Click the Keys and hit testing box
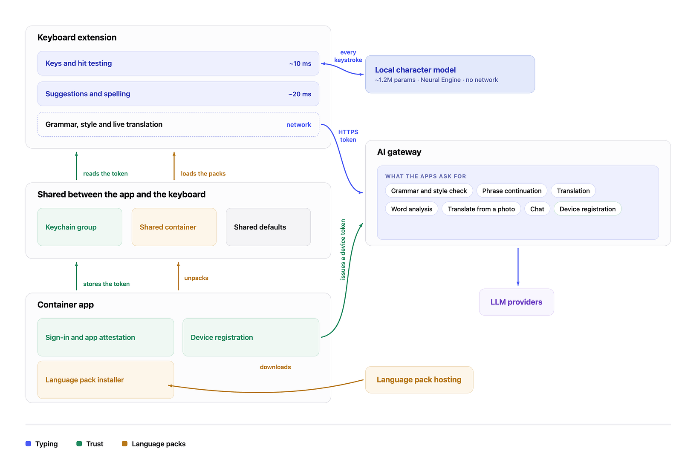click(178, 63)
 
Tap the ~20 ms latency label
click(300, 94)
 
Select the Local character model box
click(450, 74)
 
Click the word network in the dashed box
click(298, 124)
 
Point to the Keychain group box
click(80, 227)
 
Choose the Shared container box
click(174, 227)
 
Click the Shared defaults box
click(268, 227)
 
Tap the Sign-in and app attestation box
click(106, 337)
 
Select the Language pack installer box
click(106, 380)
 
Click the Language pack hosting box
click(419, 380)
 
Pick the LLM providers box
click(516, 302)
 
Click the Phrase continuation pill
click(511, 191)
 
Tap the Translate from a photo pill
click(481, 209)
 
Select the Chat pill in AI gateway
click(537, 209)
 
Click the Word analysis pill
click(412, 209)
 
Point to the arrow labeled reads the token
click(76, 166)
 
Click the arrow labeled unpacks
click(178, 276)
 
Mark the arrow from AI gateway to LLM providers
click(518, 267)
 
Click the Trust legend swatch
click(79, 444)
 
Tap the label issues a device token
click(343, 250)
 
